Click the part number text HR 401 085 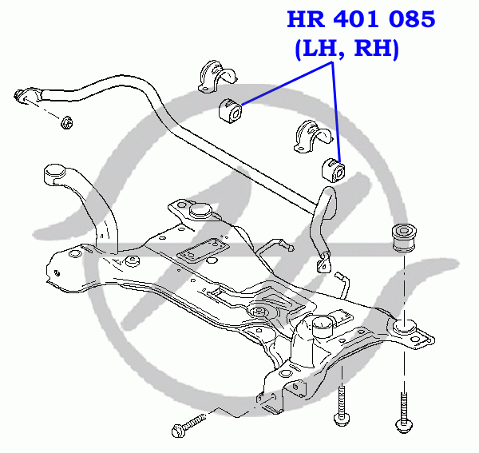(361, 19)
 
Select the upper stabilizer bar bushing (231, 110)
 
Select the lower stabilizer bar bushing (334, 170)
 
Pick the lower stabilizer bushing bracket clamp (313, 137)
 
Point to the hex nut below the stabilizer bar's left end (66, 122)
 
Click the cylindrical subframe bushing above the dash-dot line (404, 238)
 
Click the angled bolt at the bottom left (188, 424)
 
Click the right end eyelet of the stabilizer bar (324, 263)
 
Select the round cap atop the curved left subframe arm (56, 173)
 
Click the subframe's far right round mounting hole (414, 340)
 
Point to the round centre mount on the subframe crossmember (259, 312)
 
